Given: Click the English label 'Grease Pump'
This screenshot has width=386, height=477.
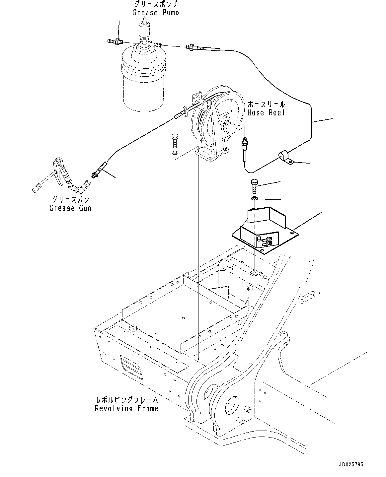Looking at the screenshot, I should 156,13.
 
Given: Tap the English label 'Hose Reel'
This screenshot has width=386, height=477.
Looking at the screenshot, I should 266,113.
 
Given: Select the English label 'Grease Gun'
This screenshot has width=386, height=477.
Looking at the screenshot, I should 70,208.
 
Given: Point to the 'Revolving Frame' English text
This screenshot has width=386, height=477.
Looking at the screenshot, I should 126,408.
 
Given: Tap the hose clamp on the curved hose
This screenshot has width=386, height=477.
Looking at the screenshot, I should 285,157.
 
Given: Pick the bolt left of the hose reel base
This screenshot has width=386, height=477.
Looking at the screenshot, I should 175,141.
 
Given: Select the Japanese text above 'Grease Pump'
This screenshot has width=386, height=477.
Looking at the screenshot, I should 156,4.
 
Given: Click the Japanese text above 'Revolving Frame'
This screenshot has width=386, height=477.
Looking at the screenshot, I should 126,400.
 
